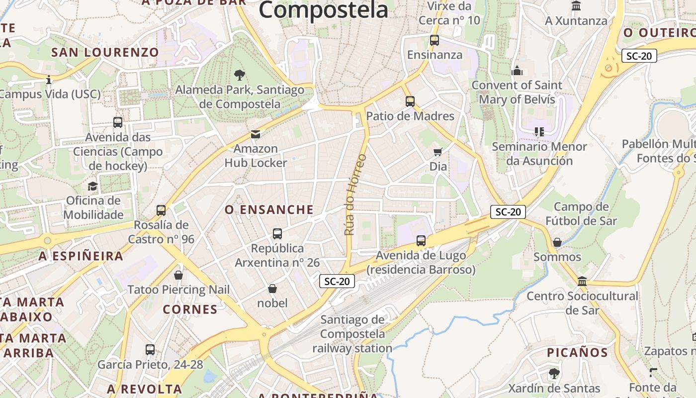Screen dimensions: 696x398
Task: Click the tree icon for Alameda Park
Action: [240, 75]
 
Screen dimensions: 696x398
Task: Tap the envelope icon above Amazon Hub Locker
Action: [256, 134]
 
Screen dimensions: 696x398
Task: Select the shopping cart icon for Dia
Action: [438, 152]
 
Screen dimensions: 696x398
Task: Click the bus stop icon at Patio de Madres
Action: [410, 101]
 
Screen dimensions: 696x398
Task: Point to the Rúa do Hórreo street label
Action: [355, 195]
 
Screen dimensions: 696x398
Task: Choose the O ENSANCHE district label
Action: [269, 210]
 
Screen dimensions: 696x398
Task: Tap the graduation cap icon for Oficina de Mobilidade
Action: [93, 187]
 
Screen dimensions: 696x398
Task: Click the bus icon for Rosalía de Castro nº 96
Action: [161, 210]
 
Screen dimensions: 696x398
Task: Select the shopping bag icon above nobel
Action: [272, 289]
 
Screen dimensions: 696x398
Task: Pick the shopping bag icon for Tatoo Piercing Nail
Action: [178, 275]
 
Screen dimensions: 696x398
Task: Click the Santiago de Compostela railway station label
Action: [352, 334]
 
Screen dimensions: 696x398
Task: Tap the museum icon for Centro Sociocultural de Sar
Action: [582, 282]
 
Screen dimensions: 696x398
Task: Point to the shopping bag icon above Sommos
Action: [557, 242]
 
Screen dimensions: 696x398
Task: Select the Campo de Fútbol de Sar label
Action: [581, 214]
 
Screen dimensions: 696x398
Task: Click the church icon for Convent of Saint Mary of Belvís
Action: [517, 71]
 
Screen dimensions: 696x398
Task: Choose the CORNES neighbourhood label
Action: [190, 309]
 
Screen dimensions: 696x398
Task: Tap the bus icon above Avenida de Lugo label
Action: [421, 241]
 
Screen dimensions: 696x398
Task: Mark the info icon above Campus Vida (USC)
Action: [49, 80]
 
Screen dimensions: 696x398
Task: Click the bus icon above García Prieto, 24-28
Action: [150, 350]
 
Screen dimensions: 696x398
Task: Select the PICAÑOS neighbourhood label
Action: [577, 353]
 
